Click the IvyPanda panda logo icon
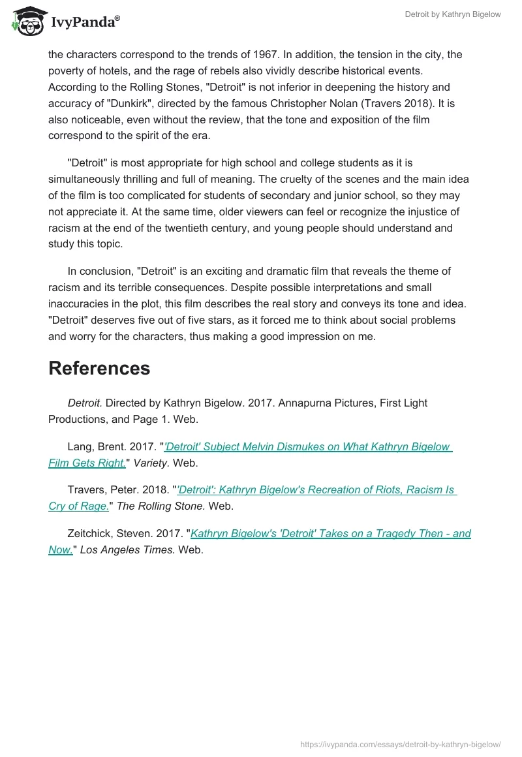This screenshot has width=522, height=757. click(x=26, y=21)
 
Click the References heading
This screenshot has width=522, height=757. click(x=99, y=368)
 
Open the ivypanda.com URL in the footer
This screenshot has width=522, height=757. click(x=400, y=744)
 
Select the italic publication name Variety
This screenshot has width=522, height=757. click(x=151, y=463)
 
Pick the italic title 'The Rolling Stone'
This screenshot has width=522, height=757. click(x=161, y=506)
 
